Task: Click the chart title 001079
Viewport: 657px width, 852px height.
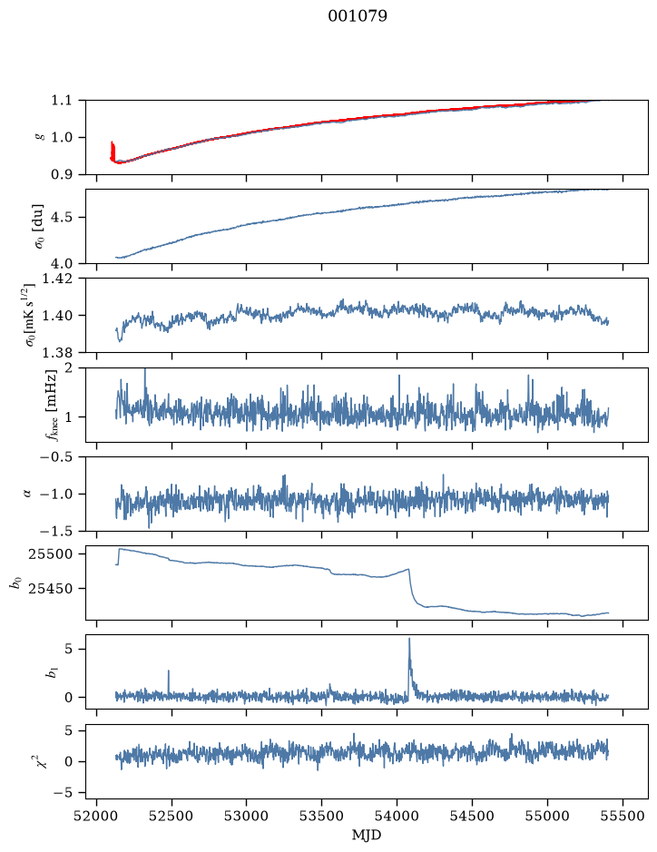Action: [357, 16]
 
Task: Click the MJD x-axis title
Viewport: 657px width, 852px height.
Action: [367, 835]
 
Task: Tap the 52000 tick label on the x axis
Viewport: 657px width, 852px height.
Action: [97, 817]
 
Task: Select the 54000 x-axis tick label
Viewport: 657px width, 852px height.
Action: [397, 817]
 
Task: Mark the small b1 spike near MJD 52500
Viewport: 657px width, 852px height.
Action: [169, 680]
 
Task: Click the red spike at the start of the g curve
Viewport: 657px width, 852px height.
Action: [113, 150]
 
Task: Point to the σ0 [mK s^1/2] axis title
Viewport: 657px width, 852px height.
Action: [36, 315]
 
